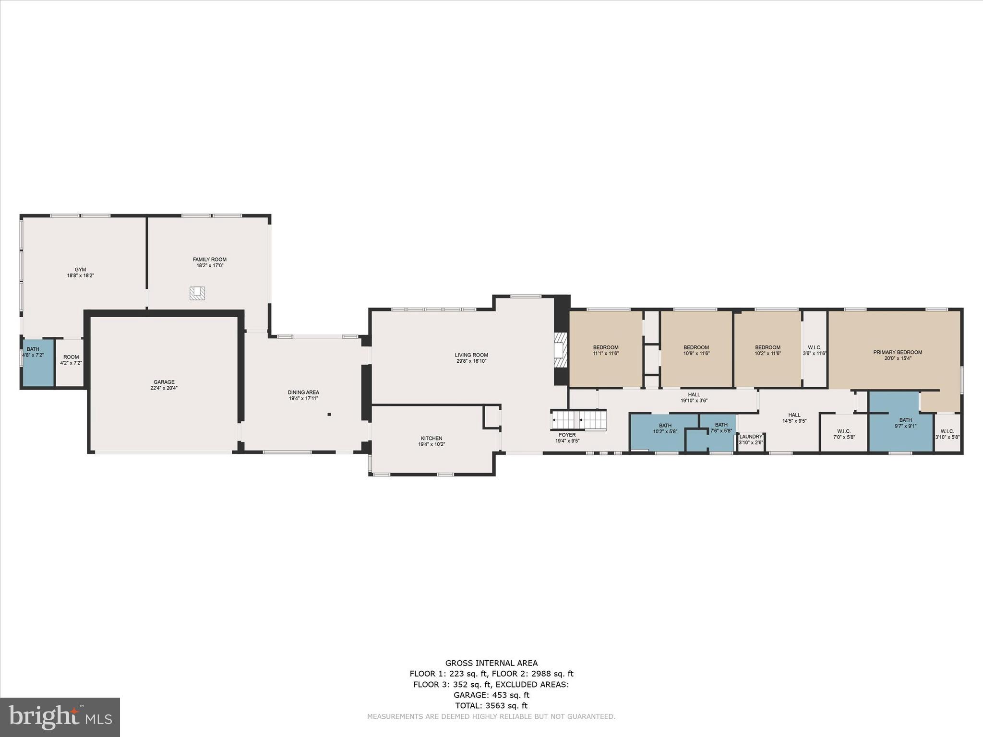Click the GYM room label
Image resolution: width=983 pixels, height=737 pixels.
click(80, 270)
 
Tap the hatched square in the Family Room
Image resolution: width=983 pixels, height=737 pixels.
click(197, 293)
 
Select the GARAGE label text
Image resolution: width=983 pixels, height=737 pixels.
click(164, 382)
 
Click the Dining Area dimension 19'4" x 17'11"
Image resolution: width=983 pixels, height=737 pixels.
click(303, 398)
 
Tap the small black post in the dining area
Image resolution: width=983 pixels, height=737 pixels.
click(329, 414)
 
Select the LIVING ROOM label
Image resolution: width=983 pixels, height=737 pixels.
click(471, 355)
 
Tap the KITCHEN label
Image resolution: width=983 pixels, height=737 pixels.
click(432, 438)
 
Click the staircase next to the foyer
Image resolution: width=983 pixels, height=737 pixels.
click(578, 421)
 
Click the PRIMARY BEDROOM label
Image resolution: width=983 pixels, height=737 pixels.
click(897, 352)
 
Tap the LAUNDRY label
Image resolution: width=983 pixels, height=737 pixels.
click(751, 437)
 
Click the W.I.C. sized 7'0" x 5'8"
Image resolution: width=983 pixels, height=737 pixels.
click(843, 434)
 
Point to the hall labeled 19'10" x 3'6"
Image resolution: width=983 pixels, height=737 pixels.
click(694, 397)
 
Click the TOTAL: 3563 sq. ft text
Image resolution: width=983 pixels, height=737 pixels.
click(491, 705)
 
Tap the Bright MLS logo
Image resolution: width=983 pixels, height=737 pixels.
click(60, 717)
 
